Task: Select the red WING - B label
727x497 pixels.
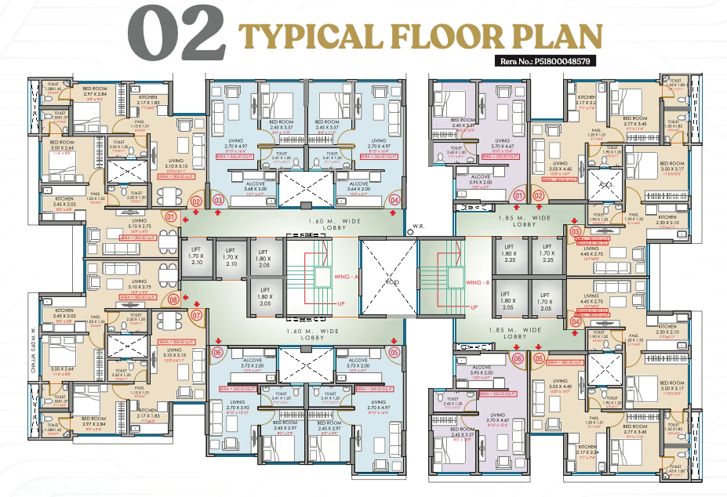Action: (478, 282)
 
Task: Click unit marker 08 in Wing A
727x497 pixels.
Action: (173, 299)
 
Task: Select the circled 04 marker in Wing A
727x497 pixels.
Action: (394, 201)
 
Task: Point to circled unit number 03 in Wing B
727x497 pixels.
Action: (575, 231)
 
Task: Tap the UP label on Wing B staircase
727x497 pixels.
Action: (474, 307)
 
